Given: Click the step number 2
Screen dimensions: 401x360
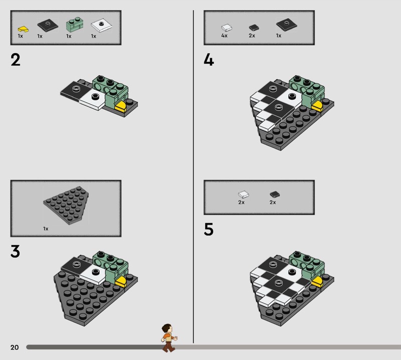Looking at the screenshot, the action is tap(16, 60).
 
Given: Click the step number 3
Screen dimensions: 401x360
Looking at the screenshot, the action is tap(15, 251).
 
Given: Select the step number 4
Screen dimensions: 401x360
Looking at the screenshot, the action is tap(209, 60).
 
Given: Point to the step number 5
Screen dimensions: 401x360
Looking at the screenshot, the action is tap(209, 229).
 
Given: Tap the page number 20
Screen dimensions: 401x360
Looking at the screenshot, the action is tap(15, 347).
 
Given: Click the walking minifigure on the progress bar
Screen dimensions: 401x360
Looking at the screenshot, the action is tap(169, 338).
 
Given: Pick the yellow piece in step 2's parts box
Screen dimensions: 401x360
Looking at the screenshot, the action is tap(23, 29).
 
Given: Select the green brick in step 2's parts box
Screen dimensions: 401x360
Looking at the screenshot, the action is tap(75, 25).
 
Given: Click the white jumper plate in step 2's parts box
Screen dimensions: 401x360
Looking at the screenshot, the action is tap(101, 25).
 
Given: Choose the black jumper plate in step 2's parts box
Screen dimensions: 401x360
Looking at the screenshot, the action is tap(48, 25).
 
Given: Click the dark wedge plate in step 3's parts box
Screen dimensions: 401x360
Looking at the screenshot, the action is tap(67, 205).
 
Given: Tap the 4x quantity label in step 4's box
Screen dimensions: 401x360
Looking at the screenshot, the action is tap(224, 36).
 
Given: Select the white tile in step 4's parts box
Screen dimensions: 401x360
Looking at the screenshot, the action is tap(227, 28).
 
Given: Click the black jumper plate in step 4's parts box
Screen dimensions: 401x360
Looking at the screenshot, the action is tap(286, 25).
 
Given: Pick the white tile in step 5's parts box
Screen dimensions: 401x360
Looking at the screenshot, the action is tap(244, 195).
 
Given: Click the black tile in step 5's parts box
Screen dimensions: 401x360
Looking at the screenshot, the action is tap(275, 195).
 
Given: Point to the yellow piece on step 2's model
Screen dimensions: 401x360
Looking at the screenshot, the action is tap(121, 106).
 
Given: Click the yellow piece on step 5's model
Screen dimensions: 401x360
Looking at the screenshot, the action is tap(318, 282).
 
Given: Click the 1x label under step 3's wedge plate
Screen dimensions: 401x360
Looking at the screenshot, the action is tap(46, 229).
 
